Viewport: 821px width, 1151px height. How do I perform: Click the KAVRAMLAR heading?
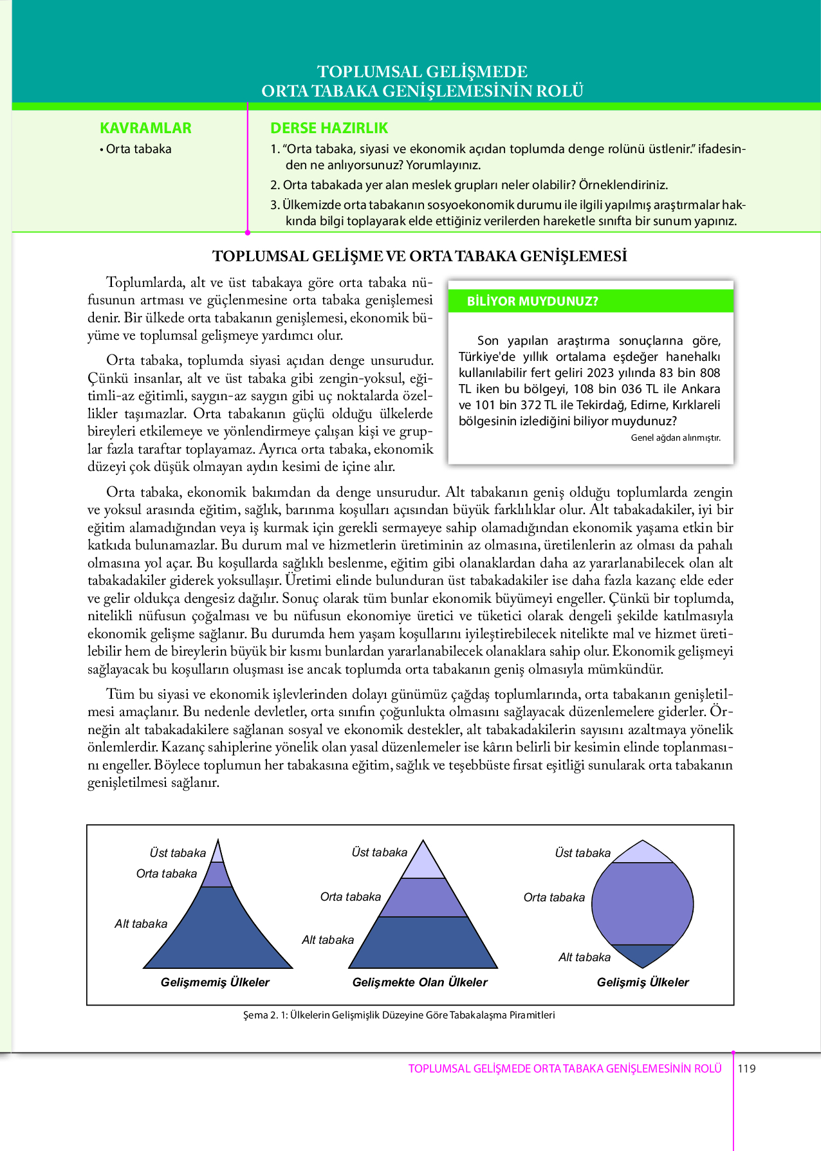point(145,128)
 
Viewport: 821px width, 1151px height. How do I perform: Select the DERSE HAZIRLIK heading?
point(329,128)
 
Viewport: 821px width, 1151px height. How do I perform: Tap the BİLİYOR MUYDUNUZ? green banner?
point(591,301)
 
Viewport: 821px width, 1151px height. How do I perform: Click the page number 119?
point(747,1069)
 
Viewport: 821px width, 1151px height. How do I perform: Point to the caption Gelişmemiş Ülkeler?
point(215,982)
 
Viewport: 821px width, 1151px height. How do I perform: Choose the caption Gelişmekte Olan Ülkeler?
point(420,982)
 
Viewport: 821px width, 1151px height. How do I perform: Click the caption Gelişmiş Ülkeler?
point(643,982)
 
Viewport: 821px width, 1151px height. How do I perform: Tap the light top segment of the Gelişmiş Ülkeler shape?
point(643,853)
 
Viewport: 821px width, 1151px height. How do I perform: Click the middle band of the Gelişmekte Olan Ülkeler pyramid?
point(423,898)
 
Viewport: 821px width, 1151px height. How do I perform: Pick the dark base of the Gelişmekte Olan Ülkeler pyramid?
point(423,943)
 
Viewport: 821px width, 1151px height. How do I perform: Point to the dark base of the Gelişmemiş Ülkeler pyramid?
point(218,933)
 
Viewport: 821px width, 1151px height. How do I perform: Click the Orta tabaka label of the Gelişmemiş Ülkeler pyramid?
point(166,874)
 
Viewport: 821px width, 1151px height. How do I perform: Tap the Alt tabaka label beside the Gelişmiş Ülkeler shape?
point(584,957)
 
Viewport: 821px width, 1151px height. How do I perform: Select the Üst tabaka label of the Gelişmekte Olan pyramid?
point(379,852)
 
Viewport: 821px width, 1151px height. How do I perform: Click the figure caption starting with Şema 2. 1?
point(399,1015)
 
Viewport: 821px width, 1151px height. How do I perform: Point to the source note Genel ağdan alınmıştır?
point(676,437)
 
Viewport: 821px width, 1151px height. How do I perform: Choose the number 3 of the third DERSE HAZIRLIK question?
point(273,205)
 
